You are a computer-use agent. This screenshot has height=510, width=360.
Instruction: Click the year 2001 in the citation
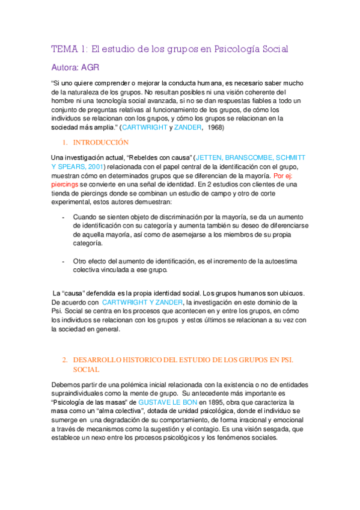[x=94, y=166]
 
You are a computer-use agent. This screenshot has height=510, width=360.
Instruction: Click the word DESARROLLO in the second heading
[x=100, y=359]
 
